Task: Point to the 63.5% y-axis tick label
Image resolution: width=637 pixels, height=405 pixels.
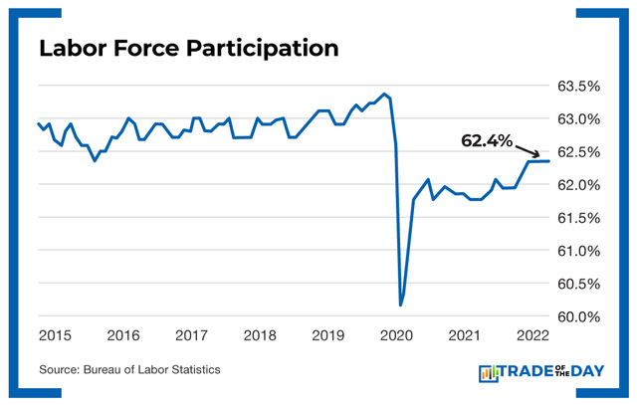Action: tap(577, 87)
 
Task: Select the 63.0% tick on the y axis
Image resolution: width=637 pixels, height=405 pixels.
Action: tap(577, 119)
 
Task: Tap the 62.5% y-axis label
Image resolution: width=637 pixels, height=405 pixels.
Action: tap(577, 152)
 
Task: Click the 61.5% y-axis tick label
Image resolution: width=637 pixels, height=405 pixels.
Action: tap(577, 218)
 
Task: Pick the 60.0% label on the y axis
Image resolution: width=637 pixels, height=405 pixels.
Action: tap(577, 316)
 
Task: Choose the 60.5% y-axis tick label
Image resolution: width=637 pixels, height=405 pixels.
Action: tap(577, 284)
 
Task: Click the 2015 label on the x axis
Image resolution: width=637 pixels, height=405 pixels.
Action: tap(55, 335)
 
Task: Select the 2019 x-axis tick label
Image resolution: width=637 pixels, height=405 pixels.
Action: tap(327, 335)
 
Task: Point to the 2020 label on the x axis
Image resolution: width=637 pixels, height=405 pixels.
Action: tap(396, 335)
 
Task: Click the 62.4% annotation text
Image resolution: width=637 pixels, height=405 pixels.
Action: tap(485, 141)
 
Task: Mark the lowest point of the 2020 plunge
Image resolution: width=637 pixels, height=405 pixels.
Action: tap(401, 304)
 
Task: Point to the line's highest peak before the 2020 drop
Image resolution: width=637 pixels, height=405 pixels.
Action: tap(384, 95)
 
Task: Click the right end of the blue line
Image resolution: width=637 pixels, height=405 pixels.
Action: tap(549, 160)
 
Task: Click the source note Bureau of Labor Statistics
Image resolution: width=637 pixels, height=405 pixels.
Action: tap(129, 370)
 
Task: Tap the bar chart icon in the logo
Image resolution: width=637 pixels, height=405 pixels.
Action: tap(490, 373)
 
